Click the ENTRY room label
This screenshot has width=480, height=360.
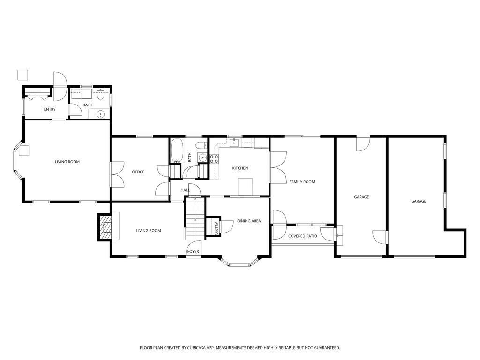point(50,109)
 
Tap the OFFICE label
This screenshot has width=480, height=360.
point(138,172)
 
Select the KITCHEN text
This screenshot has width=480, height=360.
point(240,168)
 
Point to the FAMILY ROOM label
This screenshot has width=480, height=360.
point(302,182)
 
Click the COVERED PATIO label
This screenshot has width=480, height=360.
point(302,236)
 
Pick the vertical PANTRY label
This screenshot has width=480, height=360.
point(217,228)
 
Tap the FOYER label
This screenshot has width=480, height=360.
point(193,252)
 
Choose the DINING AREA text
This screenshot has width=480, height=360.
point(249,221)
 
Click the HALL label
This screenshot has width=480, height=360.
point(185,190)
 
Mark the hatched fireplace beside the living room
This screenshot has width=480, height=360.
point(105,227)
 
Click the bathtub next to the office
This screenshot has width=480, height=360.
point(177,150)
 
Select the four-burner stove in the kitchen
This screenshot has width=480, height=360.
point(215,158)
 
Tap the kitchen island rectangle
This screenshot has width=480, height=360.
point(245,186)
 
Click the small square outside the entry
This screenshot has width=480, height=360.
point(22,75)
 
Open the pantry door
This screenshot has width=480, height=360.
point(227,226)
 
